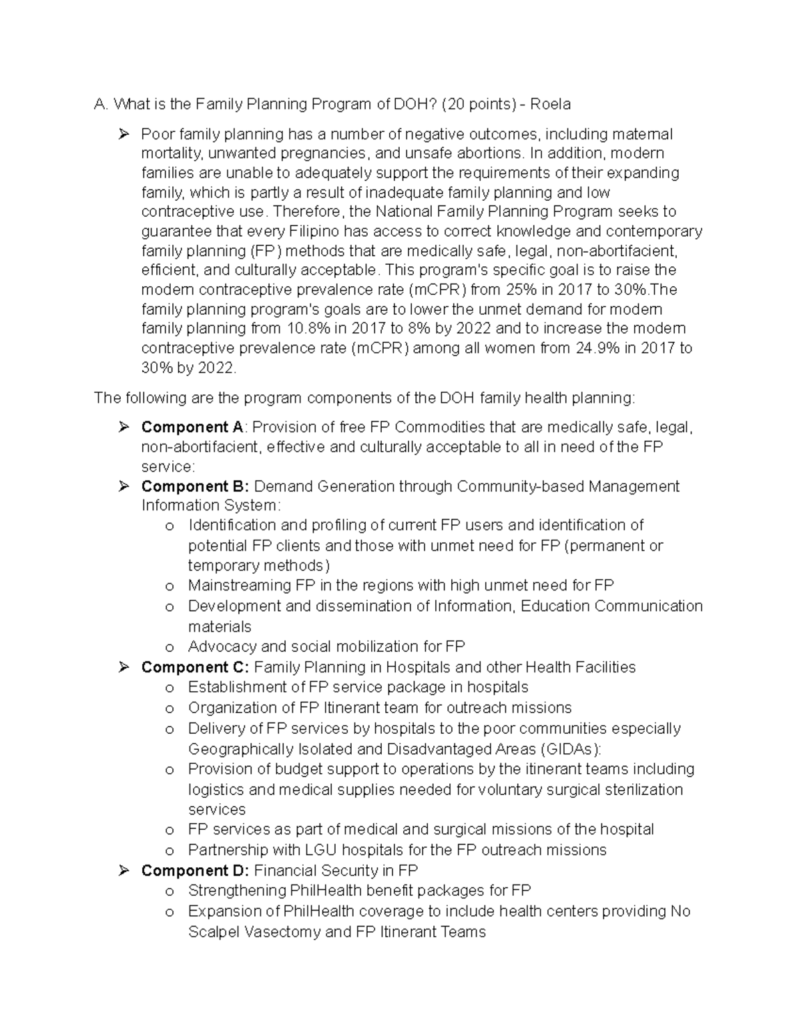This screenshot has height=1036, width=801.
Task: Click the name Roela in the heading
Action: coord(551,104)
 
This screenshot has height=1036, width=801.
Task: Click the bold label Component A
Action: coord(193,427)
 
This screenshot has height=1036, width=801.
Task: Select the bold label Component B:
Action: coord(195,486)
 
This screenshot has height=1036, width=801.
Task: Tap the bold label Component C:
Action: coord(195,667)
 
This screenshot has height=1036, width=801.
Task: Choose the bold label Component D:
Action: coord(195,871)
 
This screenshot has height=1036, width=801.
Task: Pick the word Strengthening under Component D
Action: coord(238,891)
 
